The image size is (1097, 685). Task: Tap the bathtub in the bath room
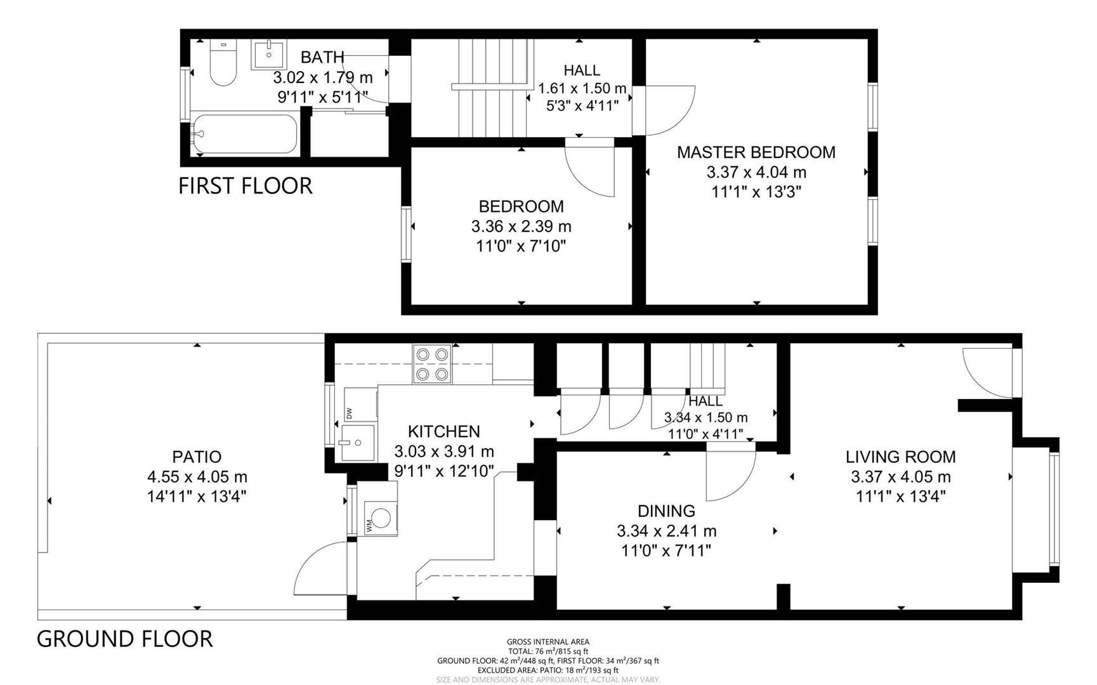tap(245, 134)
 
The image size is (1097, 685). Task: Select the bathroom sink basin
tap(269, 55)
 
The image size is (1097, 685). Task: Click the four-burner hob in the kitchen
tap(432, 364)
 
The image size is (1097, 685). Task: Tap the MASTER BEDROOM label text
tap(756, 152)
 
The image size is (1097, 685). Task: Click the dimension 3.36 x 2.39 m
tap(521, 226)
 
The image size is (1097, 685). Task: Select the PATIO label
tap(197, 457)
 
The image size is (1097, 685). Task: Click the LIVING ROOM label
tap(900, 457)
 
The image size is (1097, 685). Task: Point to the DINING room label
tap(666, 511)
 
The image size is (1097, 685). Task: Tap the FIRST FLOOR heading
tap(245, 186)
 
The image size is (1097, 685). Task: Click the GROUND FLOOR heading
tap(124, 638)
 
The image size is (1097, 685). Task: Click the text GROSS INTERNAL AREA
tap(548, 642)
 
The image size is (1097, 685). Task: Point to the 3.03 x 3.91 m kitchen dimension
tap(443, 452)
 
